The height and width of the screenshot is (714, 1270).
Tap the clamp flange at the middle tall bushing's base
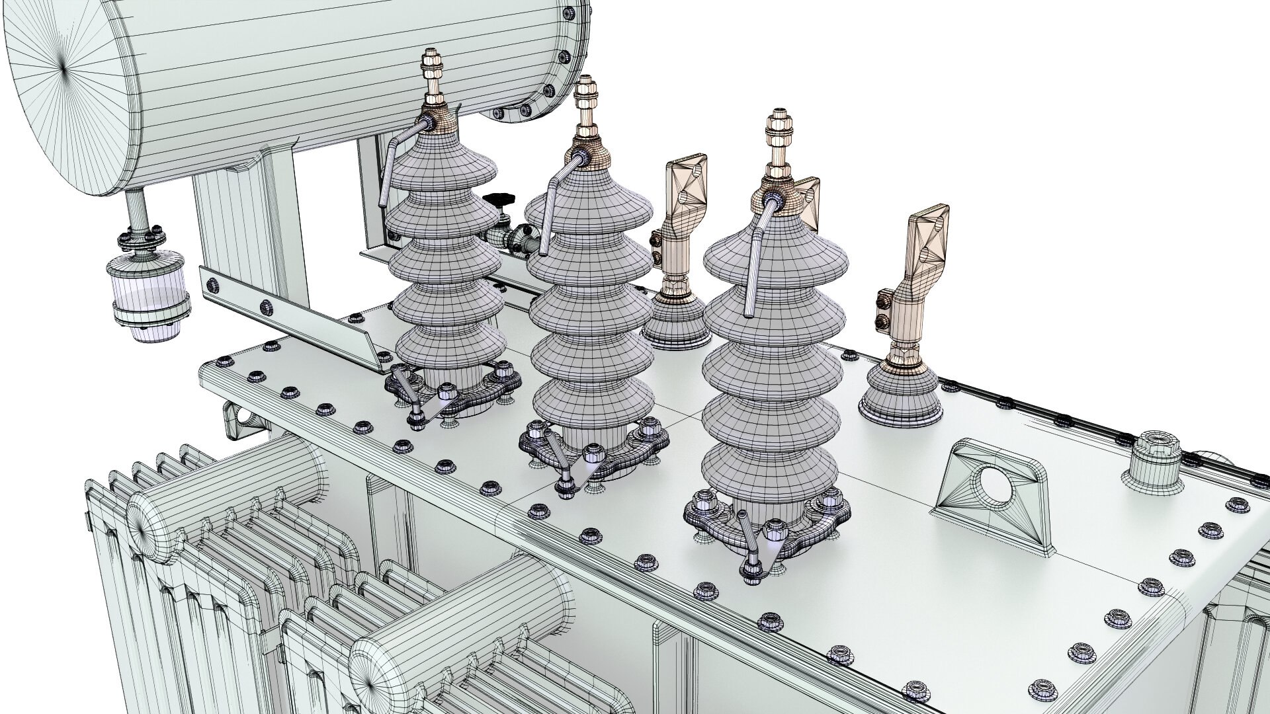[595, 450]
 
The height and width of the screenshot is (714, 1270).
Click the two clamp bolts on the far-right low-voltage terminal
[882, 311]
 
